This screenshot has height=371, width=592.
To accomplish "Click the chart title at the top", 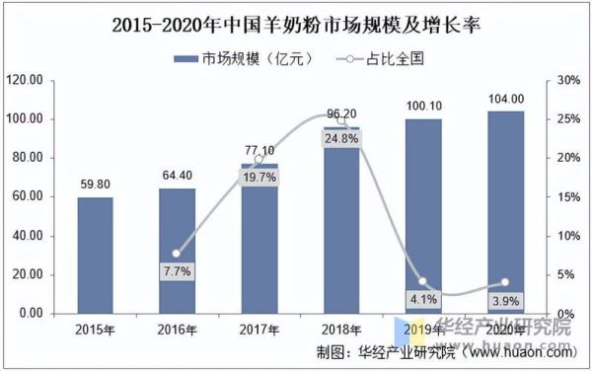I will [296, 21].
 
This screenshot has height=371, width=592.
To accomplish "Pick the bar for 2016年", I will [178, 251].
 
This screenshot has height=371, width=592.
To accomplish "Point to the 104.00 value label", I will [505, 98].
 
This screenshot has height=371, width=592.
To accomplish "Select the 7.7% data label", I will [178, 269].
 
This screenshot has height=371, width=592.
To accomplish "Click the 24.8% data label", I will [341, 139].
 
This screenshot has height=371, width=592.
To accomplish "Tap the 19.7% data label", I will [259, 178].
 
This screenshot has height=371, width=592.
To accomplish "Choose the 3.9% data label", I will [505, 300].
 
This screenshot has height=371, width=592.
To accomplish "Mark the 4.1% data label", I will [423, 299].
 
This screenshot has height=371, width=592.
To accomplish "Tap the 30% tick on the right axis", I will [566, 80].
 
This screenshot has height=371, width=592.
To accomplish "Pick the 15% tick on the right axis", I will [566, 196].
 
